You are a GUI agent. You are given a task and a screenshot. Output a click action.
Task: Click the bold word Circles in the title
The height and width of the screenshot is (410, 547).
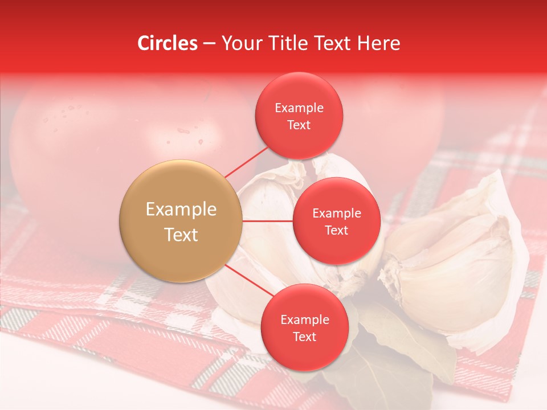pos(167,43)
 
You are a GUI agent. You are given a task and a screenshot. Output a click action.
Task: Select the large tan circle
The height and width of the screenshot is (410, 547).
pos(181,221)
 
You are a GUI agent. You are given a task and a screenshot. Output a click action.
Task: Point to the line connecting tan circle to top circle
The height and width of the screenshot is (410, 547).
pos(246,161)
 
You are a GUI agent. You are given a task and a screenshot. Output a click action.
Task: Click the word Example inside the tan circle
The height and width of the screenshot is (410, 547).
pos(181,210)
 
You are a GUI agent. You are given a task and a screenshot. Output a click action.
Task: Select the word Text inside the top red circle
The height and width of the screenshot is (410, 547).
pos(299,125)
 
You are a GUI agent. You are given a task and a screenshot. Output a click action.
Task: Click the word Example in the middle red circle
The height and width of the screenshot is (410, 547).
pos(337,214)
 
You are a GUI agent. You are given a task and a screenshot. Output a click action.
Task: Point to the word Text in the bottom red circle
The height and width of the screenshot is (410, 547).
pos(304,337)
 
